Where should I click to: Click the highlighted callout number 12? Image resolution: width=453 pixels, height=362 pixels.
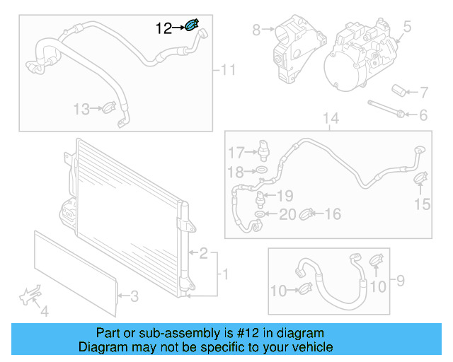click(164, 28)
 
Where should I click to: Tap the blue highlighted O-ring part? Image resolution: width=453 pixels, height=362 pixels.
click(191, 27)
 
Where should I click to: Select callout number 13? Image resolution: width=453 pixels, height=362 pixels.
click(82, 109)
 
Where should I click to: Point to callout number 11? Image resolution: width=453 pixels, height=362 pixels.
click(227, 69)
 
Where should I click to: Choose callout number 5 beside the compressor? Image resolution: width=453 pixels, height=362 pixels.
click(408, 29)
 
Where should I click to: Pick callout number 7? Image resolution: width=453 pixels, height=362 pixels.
click(423, 92)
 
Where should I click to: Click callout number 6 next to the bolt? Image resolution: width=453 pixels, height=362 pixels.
click(423, 115)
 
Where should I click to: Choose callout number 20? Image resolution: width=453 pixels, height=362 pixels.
click(287, 214)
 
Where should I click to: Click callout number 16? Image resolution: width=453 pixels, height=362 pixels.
click(332, 214)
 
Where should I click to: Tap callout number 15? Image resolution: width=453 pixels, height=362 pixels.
click(422, 204)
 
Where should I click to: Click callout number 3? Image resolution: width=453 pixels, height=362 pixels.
click(134, 297)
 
